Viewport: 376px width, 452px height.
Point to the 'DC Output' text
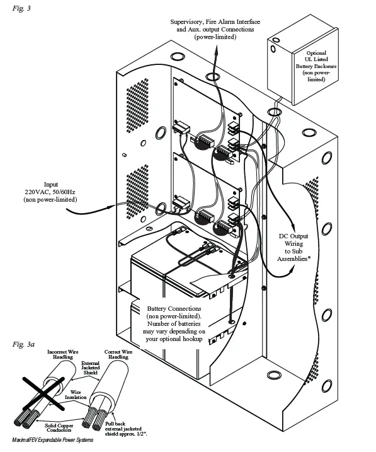295,236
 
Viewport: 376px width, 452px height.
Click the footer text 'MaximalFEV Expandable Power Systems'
53,440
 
